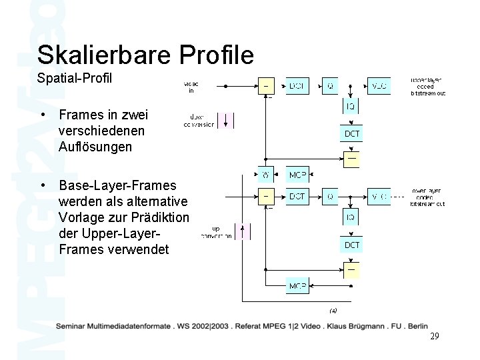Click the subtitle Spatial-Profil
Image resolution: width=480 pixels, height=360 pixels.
point(75,79)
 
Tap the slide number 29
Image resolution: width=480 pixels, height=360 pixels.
point(434,337)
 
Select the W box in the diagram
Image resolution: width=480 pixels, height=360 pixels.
point(265,176)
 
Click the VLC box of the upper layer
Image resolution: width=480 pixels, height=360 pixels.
point(379,86)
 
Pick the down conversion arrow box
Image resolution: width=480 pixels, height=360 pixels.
point(227,120)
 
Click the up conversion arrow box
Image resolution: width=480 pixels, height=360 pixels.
point(243,231)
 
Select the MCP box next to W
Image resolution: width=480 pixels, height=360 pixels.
point(297,176)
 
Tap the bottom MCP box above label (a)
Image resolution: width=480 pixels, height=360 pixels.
point(297,287)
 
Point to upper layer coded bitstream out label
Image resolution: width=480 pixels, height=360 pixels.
point(428,87)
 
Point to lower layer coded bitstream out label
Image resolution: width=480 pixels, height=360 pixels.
point(428,197)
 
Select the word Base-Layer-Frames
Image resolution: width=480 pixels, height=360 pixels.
point(118,185)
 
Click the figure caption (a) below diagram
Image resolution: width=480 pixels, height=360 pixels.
point(333,310)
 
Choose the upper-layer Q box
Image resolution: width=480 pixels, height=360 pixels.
point(331,86)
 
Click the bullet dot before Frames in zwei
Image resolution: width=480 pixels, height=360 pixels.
point(43,115)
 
